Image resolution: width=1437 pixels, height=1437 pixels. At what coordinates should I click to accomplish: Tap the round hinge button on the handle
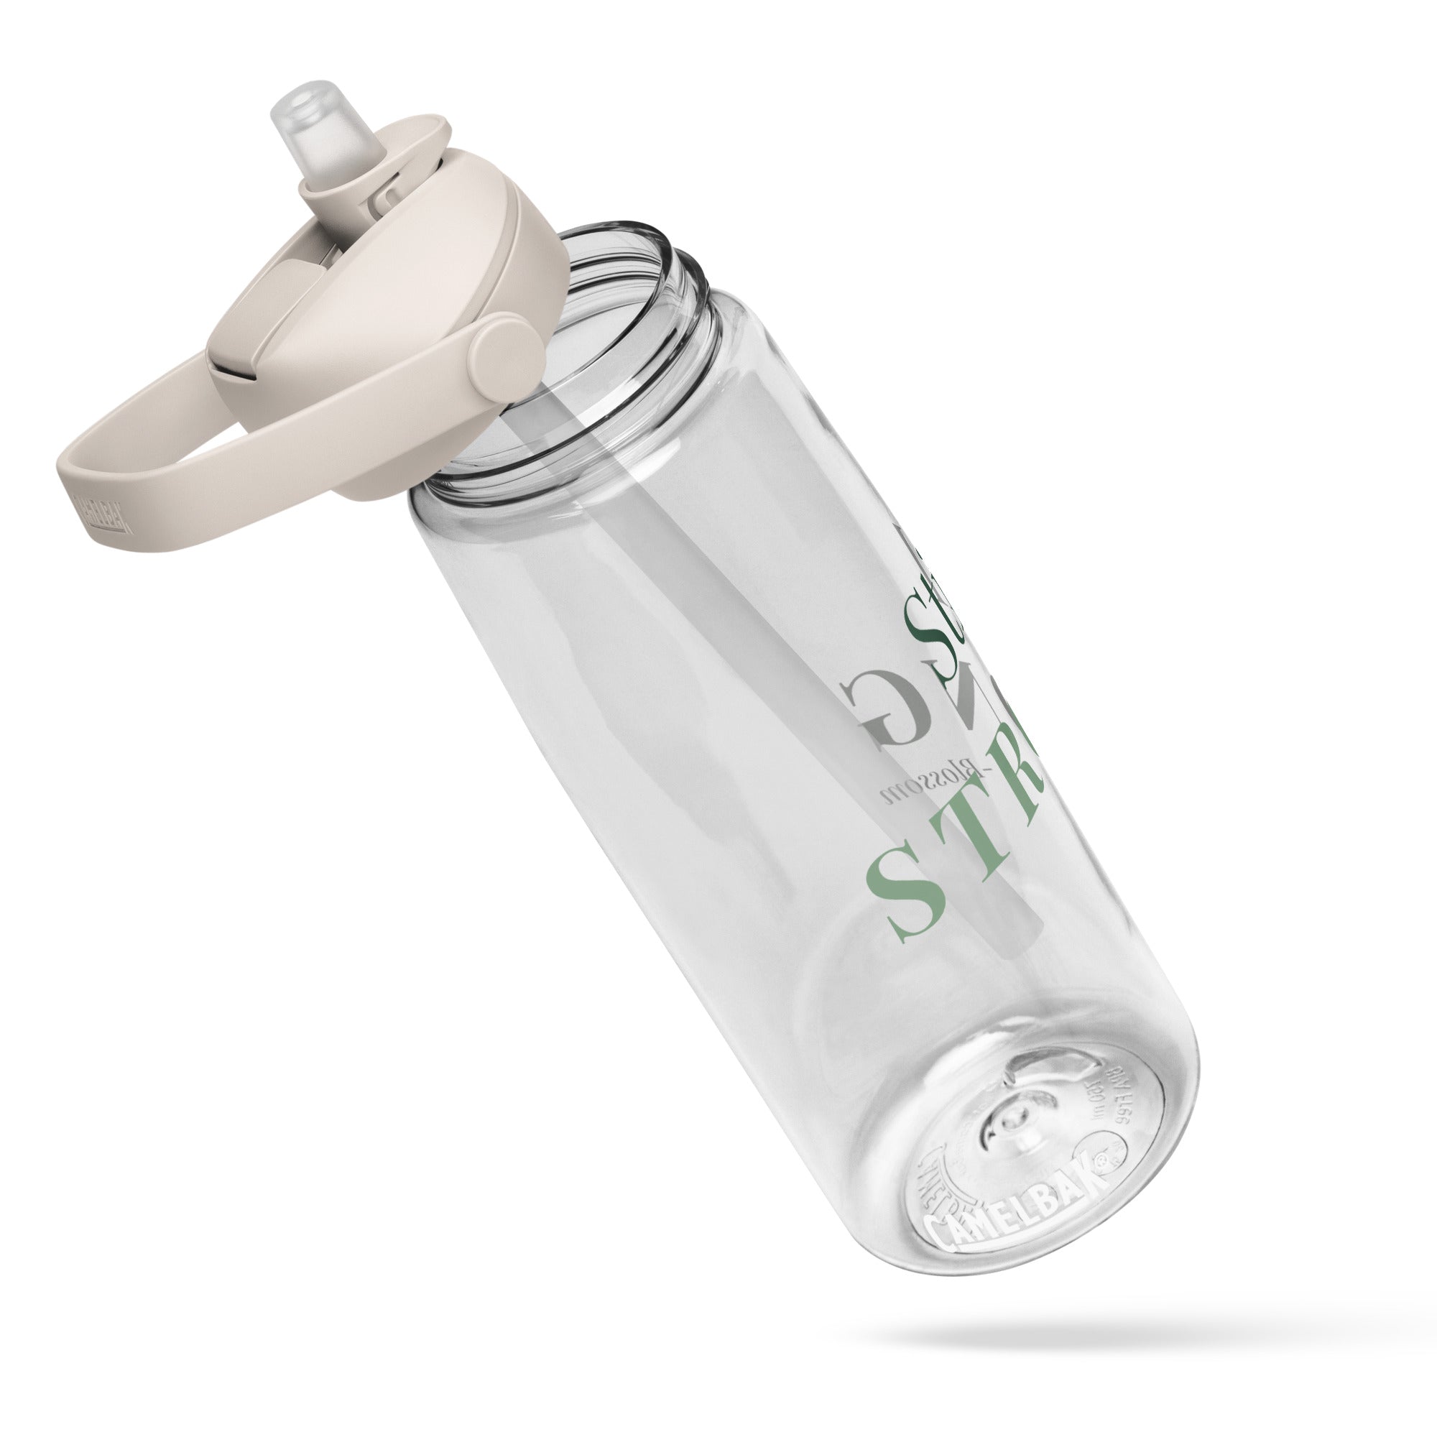(x=507, y=351)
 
